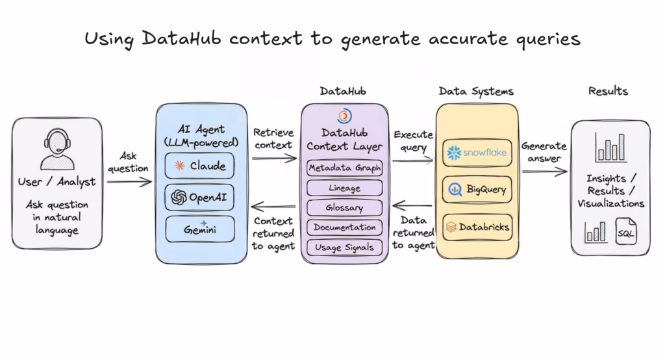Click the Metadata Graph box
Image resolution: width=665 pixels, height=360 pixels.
(344, 168)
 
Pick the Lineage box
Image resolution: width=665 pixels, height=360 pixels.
(344, 188)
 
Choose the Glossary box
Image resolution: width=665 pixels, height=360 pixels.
(344, 208)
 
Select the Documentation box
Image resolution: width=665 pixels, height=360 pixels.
(344, 227)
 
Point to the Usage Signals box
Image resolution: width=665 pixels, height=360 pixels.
(344, 247)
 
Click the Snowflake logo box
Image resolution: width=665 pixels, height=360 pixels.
(477, 152)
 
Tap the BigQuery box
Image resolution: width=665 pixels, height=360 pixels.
(477, 190)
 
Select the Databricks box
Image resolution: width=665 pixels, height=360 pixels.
(477, 227)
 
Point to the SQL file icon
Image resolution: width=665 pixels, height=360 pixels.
(627, 233)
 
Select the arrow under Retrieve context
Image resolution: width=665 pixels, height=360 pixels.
(274, 158)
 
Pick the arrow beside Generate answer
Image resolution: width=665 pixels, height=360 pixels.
(544, 172)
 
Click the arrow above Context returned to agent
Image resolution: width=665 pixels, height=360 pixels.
(274, 207)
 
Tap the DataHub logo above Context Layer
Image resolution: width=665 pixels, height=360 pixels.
(344, 116)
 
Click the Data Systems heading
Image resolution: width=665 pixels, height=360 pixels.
(476, 91)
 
